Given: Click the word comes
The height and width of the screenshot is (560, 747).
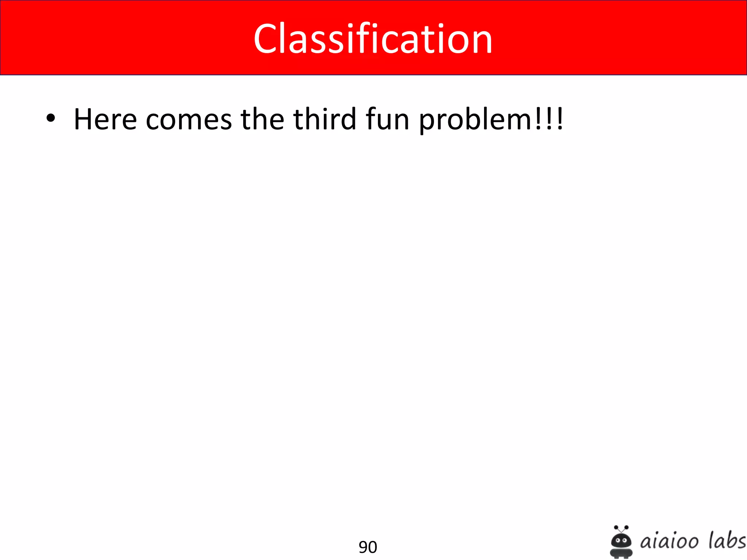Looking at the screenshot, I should (189, 120).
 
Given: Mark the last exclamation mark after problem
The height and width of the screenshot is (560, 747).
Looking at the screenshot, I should (560, 119).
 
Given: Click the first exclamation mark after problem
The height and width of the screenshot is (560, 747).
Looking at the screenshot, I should (539, 119).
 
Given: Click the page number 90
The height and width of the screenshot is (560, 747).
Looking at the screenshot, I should (368, 547).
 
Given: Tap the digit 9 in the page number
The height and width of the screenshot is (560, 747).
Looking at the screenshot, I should (363, 547).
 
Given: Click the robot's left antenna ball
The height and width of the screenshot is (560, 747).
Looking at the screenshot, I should (616, 527).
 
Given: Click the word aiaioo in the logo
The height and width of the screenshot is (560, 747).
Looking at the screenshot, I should (669, 541).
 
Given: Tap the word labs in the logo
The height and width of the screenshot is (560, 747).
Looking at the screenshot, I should (727, 540).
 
